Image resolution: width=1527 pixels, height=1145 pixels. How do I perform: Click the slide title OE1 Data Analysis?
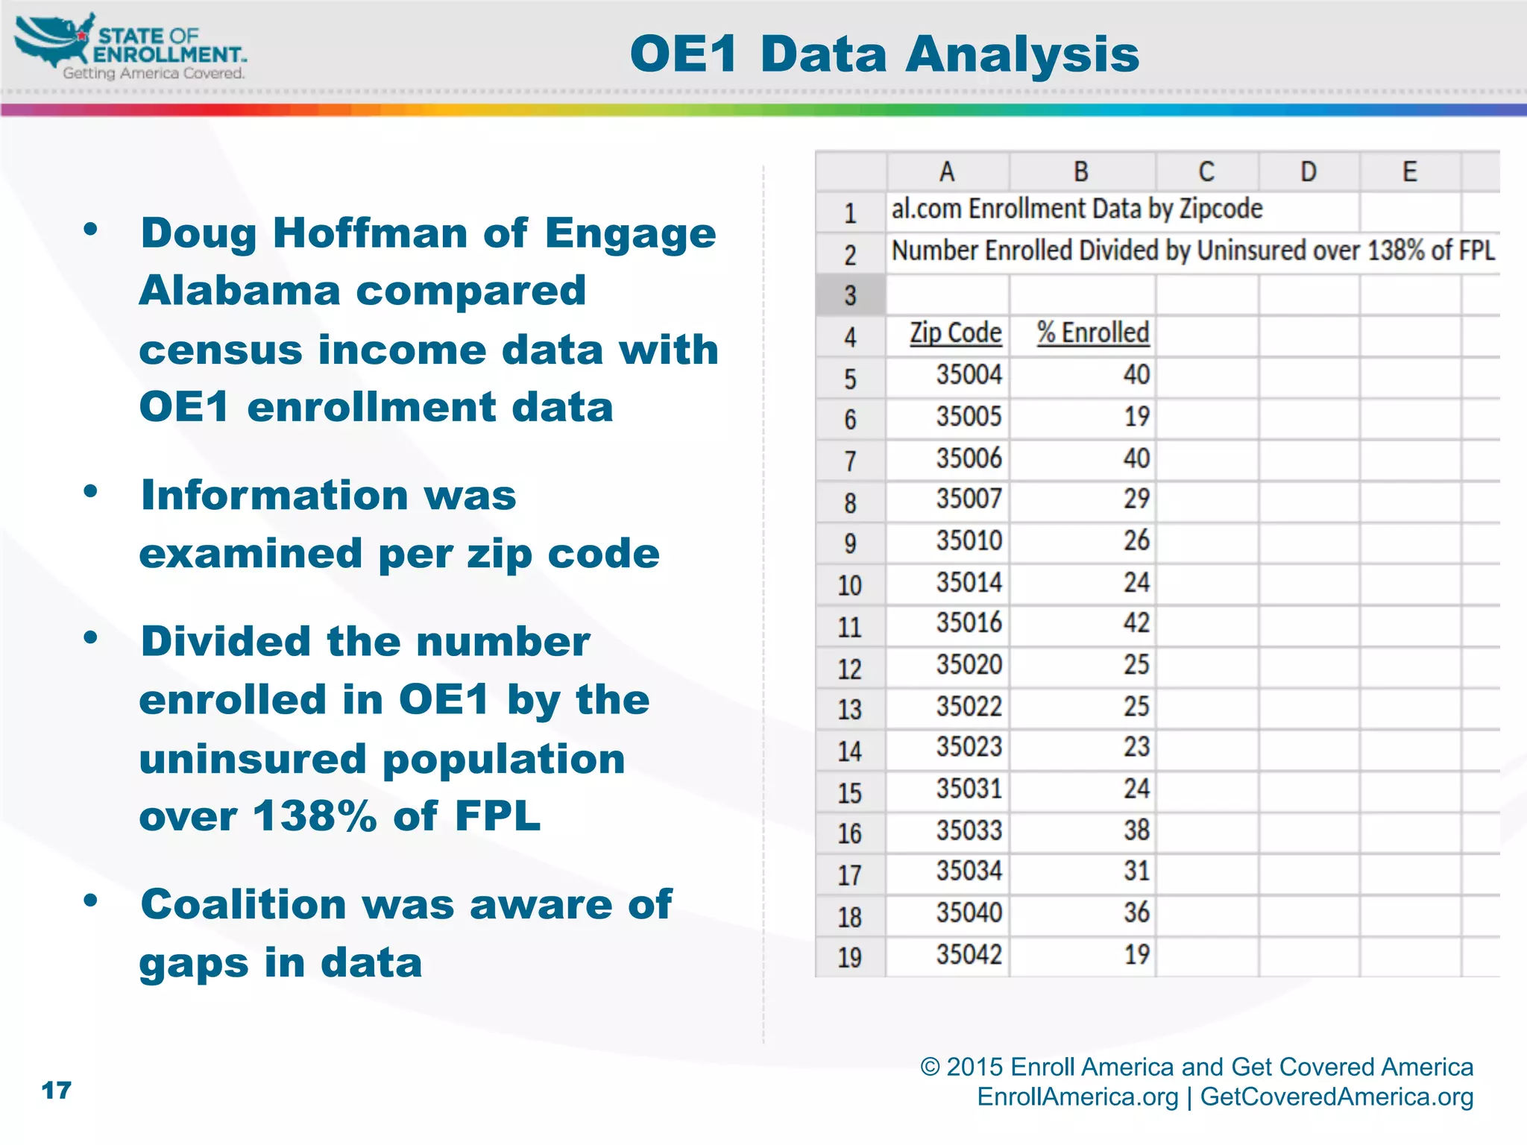[x=884, y=54]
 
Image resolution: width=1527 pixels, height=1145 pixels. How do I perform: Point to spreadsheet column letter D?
[x=1309, y=172]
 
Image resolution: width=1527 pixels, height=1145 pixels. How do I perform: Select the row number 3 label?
[x=850, y=296]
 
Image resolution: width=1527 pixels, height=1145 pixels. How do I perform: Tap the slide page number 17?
[x=57, y=1091]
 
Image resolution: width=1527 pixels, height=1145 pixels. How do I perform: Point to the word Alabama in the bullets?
[x=239, y=291]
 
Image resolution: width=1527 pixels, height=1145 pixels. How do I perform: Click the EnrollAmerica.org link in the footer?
[x=1077, y=1097]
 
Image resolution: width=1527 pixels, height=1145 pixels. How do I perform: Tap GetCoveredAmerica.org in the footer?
[x=1336, y=1097]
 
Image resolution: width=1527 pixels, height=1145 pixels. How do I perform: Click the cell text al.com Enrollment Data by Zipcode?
[x=1077, y=209]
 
